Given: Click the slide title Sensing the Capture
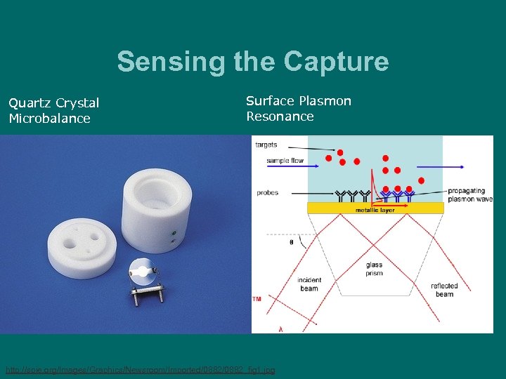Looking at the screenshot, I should point(253,62).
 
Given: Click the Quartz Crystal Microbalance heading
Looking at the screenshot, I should point(53,110).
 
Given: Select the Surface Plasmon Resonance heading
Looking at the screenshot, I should point(299,108).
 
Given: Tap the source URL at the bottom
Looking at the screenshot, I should point(141,369).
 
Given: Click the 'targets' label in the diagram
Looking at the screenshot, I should point(266,145).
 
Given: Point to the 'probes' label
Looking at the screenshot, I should point(267,193).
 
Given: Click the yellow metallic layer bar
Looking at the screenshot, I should point(375,208).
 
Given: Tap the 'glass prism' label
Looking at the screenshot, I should point(375,269).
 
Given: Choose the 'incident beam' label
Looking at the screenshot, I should point(309,284).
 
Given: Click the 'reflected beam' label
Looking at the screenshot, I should point(443,290).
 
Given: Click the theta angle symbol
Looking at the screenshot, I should point(292,242).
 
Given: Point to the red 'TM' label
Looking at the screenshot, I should point(257,300).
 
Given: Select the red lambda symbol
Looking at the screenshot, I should point(281,328).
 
